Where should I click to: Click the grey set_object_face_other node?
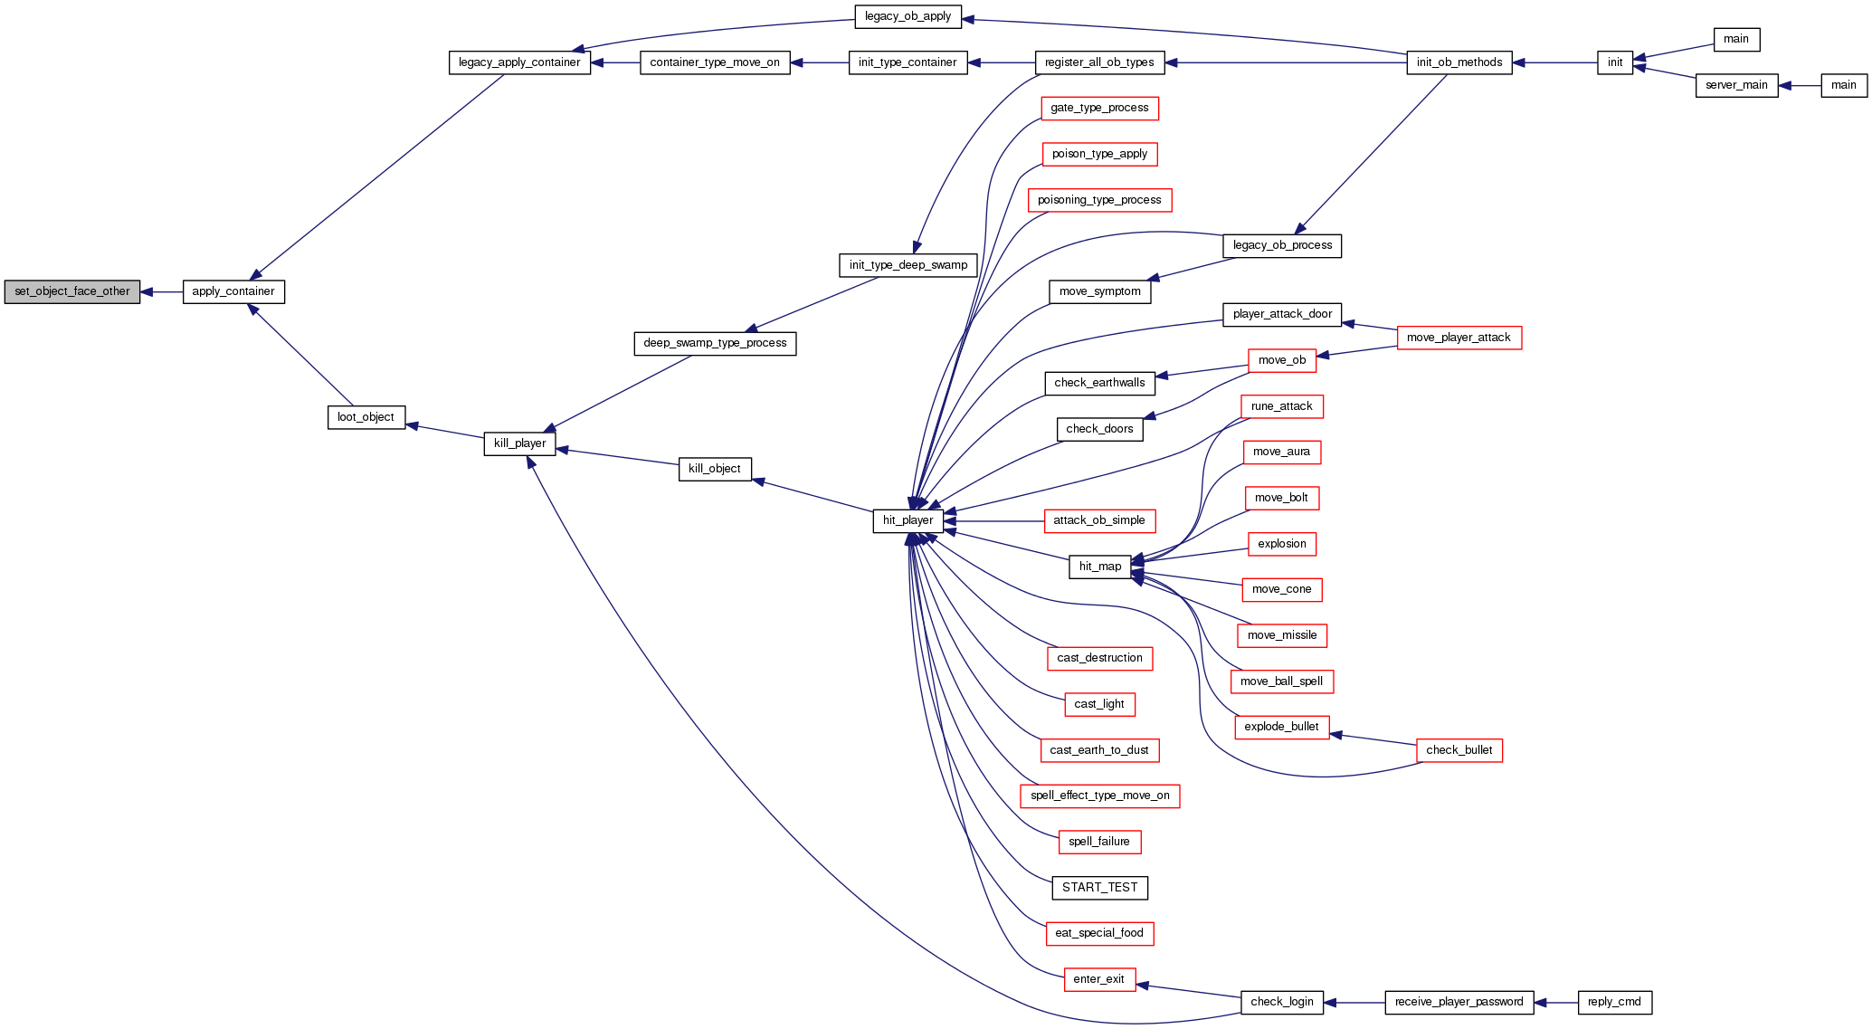coord(72,291)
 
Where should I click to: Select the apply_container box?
coord(233,291)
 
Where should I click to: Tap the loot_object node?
coord(366,417)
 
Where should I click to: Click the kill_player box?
coord(519,443)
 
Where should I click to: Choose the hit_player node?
coord(907,520)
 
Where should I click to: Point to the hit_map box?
coord(1099,567)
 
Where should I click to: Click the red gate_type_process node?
coord(1099,108)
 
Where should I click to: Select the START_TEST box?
coord(1099,888)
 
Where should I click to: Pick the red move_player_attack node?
coord(1459,338)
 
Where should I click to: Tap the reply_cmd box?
coord(1614,1002)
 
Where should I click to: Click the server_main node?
coord(1736,85)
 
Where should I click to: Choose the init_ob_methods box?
coord(1459,62)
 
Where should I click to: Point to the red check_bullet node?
coord(1459,750)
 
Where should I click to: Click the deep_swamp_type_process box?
coord(715,343)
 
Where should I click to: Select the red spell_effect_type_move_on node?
coord(1099,796)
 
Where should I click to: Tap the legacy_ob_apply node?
coord(907,16)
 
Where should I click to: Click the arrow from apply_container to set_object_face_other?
coord(162,291)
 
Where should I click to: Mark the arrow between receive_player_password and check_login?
coord(1354,1002)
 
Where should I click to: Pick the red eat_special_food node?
coord(1099,933)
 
